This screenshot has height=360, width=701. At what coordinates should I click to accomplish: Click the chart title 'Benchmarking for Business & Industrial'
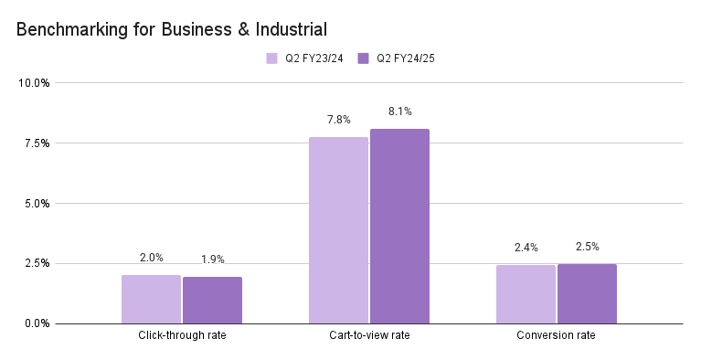172,29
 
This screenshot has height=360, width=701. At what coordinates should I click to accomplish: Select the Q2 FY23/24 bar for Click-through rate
151,299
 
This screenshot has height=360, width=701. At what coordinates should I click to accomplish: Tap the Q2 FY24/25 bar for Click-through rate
212,300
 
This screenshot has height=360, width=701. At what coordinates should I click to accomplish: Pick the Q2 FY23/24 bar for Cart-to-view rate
338,230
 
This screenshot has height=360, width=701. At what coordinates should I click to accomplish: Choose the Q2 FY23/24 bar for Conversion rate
526,294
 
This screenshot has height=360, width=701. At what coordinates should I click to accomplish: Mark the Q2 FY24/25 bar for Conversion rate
587,293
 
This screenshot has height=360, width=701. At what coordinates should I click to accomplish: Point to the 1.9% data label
212,259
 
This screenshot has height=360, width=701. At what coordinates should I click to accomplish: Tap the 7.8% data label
338,120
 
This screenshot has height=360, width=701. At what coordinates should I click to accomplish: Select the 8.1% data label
399,111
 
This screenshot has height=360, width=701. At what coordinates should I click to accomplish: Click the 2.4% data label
526,248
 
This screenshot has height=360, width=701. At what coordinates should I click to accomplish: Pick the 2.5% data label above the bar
587,247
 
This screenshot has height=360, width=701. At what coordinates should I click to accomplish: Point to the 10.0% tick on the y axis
34,83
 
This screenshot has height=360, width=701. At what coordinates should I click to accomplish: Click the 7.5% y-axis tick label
36,143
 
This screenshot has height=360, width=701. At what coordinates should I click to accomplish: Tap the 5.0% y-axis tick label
36,204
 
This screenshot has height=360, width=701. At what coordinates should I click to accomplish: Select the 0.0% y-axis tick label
36,323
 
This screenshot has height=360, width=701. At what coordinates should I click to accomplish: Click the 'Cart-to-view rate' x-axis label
369,335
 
